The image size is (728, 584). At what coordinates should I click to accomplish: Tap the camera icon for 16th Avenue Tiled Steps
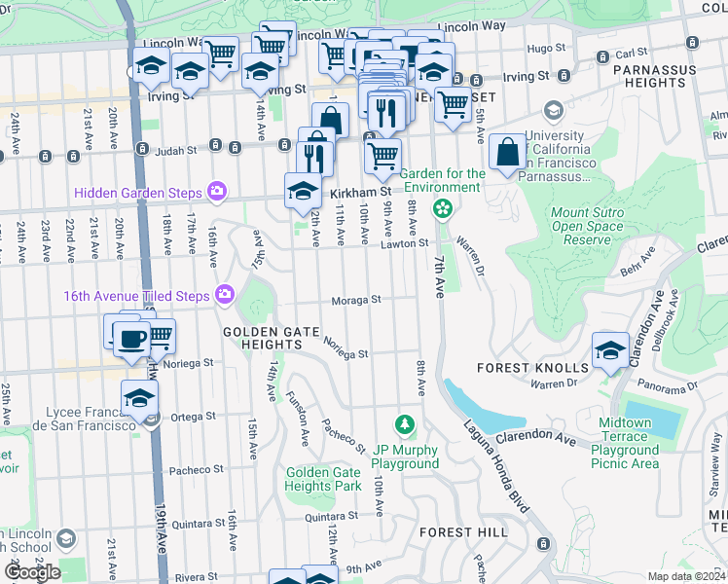pyautogui.click(x=226, y=293)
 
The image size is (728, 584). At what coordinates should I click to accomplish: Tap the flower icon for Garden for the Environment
pyautogui.click(x=443, y=207)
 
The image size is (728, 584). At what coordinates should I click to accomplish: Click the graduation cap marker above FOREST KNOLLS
pyautogui.click(x=610, y=348)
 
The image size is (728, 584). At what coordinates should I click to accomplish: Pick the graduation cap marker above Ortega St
pyautogui.click(x=140, y=397)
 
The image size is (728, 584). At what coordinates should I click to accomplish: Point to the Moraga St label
pyautogui.click(x=355, y=301)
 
